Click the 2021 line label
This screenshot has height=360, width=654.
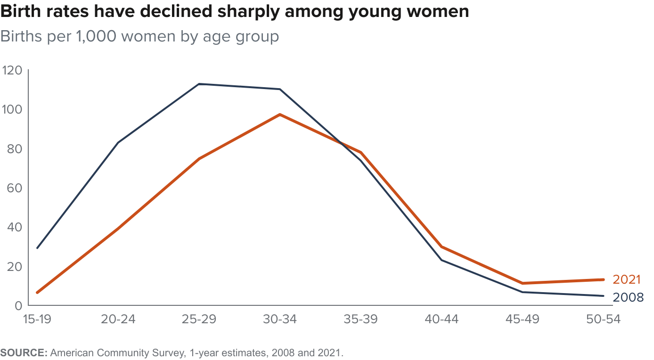(627, 279)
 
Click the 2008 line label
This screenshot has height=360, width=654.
(628, 297)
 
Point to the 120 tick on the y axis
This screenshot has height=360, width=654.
(12, 71)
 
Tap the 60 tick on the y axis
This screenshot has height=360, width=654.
(14, 188)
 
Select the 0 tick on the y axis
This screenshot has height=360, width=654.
(18, 305)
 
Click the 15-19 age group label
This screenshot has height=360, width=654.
(37, 319)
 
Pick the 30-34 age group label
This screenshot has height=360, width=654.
(280, 319)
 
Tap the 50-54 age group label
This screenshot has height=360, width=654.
(604, 319)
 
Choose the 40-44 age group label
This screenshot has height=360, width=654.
(441, 319)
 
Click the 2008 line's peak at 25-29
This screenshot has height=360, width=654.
(199, 84)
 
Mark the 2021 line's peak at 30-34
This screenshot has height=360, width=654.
(280, 115)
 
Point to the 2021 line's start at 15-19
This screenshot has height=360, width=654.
(37, 293)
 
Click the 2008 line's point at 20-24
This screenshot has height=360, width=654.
(118, 142)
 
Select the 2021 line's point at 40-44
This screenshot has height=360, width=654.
(441, 246)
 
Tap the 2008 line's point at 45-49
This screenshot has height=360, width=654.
(523, 292)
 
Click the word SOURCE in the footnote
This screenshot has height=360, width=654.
(23, 352)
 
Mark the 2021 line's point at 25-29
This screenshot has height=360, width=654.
(199, 159)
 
